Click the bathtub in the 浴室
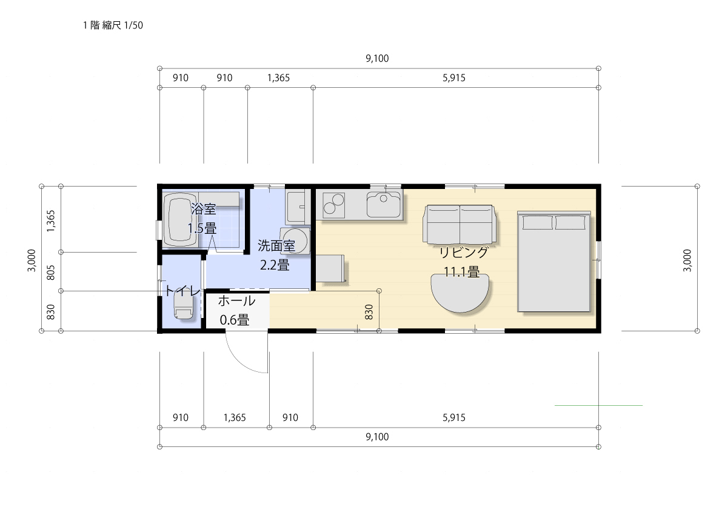(x=179, y=219)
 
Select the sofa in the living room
(x=460, y=225)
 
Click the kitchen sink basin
(x=384, y=204)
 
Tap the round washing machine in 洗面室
(x=295, y=240)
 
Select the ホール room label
(x=236, y=301)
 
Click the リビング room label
(x=463, y=253)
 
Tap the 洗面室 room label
(x=276, y=246)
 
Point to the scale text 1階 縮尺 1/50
(x=113, y=25)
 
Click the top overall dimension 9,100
(x=377, y=58)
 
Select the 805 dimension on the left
(x=51, y=272)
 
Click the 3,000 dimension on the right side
(x=687, y=260)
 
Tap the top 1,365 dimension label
(x=279, y=78)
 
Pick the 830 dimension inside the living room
(x=369, y=313)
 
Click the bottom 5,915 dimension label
(x=454, y=417)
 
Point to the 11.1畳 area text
(x=461, y=272)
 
